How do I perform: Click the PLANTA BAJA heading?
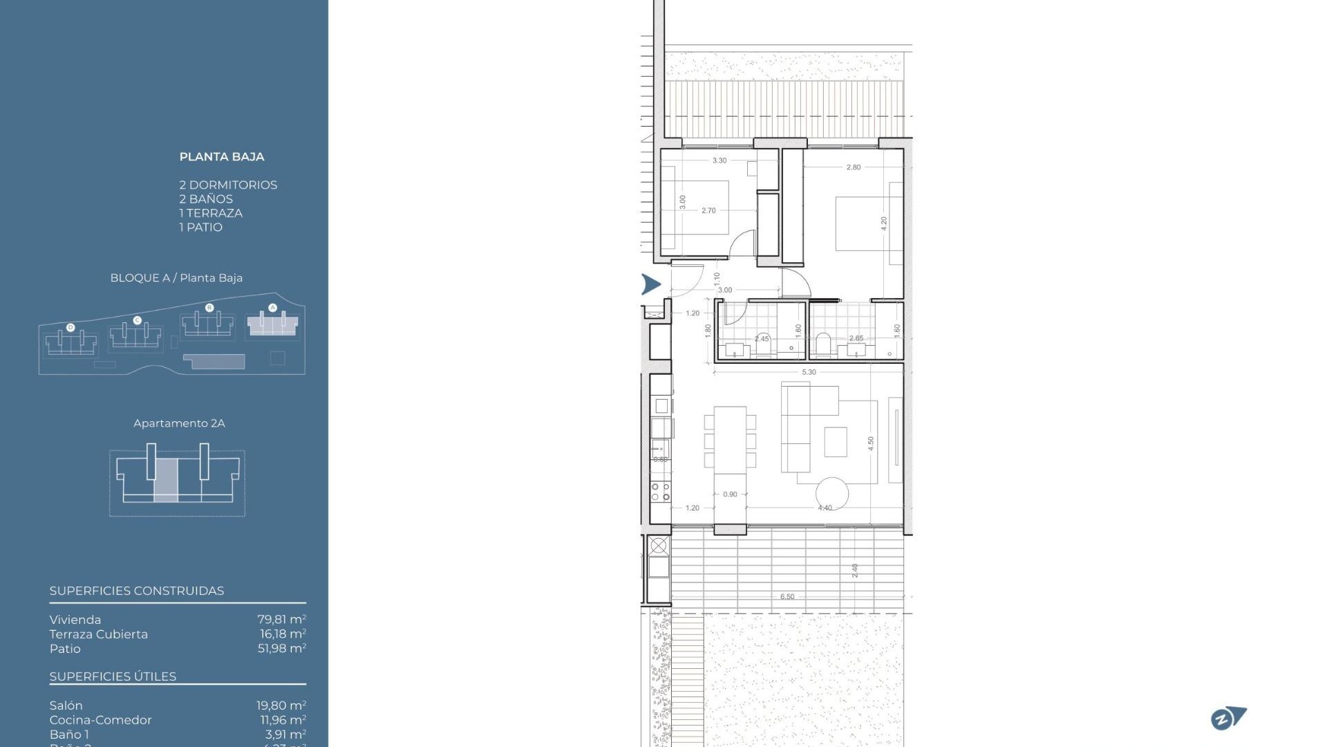(x=221, y=157)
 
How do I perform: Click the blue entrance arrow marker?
(x=650, y=284)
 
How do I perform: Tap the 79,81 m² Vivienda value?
(x=281, y=620)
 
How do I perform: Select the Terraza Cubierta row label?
(x=98, y=634)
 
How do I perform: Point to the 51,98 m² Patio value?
(x=281, y=649)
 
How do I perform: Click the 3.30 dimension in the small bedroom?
(x=719, y=160)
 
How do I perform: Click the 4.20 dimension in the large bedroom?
(x=883, y=223)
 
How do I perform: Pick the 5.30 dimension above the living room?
(x=809, y=372)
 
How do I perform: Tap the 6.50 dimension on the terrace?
(x=787, y=596)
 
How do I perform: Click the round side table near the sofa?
(x=832, y=493)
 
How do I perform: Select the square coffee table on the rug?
(x=836, y=441)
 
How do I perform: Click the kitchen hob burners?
(x=660, y=492)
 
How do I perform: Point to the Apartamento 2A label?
(x=179, y=423)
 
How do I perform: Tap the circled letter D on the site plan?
(x=70, y=327)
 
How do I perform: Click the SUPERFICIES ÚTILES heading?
(x=113, y=676)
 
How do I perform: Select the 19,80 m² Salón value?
(x=281, y=705)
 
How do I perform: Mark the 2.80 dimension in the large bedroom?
(x=854, y=167)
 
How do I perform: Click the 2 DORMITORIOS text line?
(x=228, y=185)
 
